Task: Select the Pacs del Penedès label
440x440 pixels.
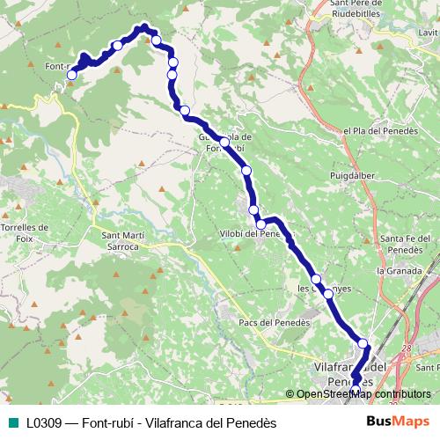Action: pos(273,323)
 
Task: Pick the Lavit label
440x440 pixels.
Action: pos(429,33)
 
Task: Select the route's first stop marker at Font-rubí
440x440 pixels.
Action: pos(72,75)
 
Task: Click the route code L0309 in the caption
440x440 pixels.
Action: pos(43,423)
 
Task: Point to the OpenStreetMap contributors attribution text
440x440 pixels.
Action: pos(363,394)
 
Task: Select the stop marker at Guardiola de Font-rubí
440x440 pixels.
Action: pos(225,142)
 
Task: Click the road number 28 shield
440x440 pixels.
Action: pos(406,349)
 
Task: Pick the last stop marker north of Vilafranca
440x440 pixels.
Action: pos(363,343)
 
